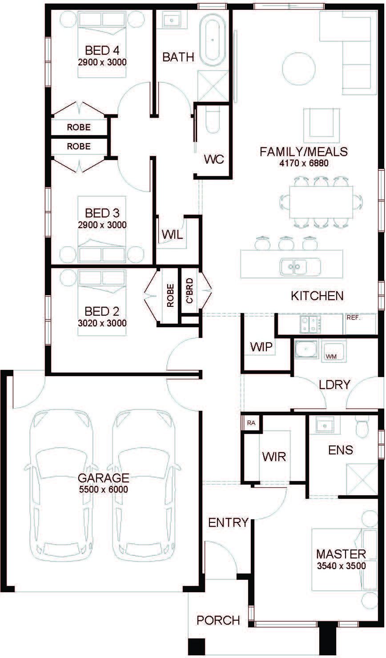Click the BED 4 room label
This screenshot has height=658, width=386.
[102, 51]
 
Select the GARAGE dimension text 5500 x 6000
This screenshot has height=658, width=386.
[104, 489]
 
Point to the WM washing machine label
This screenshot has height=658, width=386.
[331, 357]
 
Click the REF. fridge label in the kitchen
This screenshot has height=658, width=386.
[354, 318]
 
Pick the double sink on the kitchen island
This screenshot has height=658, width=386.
[294, 267]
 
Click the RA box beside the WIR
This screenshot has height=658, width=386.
[251, 423]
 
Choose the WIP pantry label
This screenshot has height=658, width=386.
[261, 347]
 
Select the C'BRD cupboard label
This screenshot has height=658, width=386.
[190, 290]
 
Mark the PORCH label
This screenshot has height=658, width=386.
[218, 620]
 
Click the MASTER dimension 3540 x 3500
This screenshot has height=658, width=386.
[342, 566]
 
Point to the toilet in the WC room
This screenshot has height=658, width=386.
[213, 120]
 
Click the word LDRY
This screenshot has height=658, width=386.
[334, 385]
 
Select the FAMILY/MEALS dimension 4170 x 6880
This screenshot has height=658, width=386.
[304, 163]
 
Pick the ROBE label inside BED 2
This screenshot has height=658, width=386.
[170, 295]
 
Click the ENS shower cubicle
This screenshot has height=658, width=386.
[362, 479]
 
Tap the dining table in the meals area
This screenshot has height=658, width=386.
[321, 202]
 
